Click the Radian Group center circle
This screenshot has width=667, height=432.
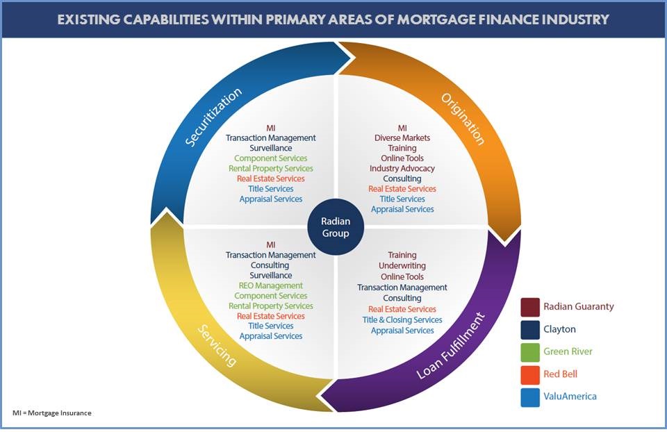pos(336,227)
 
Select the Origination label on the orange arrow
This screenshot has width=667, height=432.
pos(463,118)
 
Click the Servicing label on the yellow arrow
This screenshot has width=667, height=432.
pos(216,344)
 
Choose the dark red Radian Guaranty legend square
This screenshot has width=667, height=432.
pos(530,306)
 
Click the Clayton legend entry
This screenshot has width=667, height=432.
pos(559,329)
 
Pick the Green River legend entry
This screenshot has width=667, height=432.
pos(568,351)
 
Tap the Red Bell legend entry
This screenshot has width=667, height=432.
pos(560,374)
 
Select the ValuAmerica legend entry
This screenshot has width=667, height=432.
pos(570,396)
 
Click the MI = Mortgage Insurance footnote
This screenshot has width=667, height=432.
pos(52,413)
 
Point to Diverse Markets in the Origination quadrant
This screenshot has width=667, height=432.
pos(402,138)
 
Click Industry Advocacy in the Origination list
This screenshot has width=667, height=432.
pos(402,169)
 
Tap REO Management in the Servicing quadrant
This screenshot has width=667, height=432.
pos(271,285)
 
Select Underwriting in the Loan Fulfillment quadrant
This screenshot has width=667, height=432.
pos(402,266)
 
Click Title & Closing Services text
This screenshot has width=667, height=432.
pos(402,320)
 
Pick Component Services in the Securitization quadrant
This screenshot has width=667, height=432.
pos(271,158)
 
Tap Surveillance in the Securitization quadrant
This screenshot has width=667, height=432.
pos(271,148)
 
